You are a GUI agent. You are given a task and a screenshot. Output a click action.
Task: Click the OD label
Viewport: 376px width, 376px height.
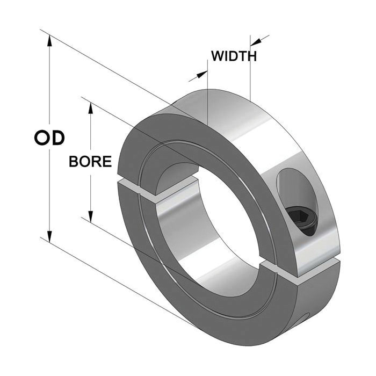49,138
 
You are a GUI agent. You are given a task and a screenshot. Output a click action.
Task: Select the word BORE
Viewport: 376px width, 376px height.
90,161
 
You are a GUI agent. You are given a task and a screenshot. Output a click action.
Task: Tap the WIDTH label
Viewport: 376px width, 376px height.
234,56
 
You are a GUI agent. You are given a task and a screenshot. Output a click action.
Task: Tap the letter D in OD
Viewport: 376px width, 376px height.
57,138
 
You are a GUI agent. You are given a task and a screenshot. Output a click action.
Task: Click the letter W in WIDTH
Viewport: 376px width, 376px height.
218,56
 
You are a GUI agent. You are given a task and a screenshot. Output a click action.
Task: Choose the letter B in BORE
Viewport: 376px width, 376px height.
74,161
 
